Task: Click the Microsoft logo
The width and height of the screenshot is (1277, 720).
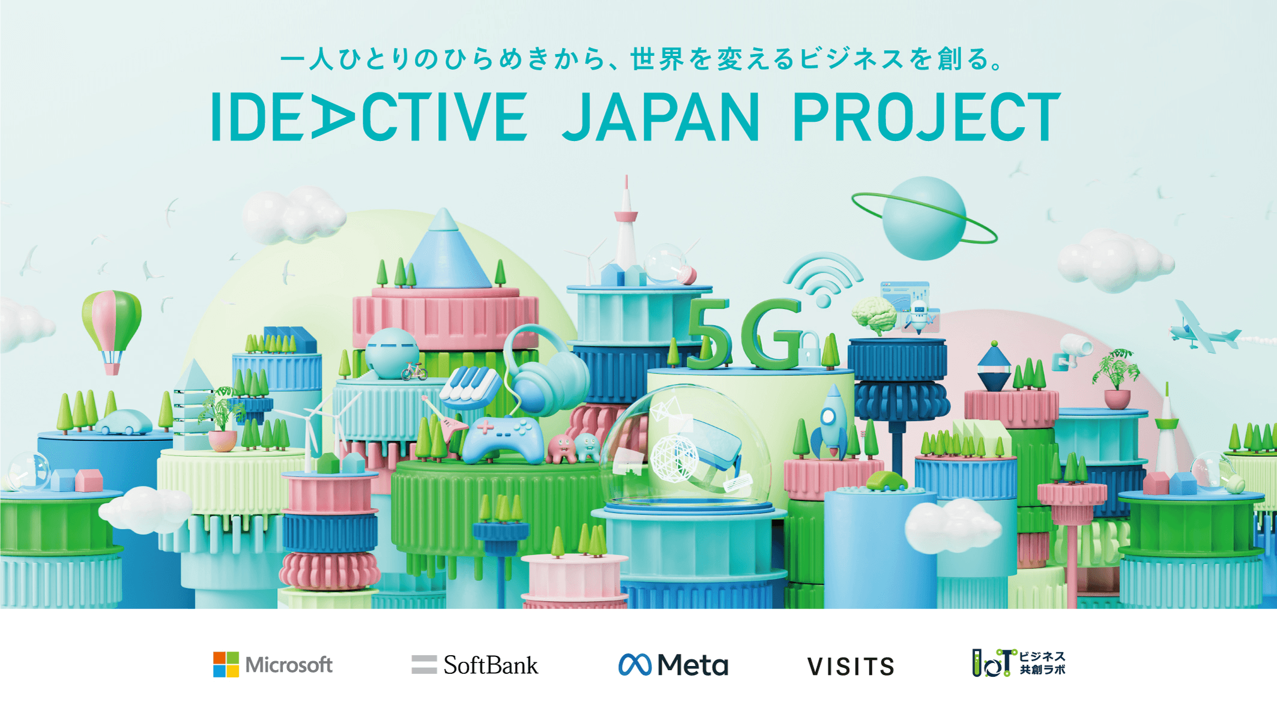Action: [273, 665]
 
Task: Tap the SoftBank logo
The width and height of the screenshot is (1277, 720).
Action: [475, 665]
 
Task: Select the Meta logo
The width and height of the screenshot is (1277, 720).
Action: [673, 665]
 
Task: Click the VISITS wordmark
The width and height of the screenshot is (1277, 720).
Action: [851, 667]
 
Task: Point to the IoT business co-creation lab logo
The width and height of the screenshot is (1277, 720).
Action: [1018, 663]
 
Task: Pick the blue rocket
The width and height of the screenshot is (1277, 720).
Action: [832, 420]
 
